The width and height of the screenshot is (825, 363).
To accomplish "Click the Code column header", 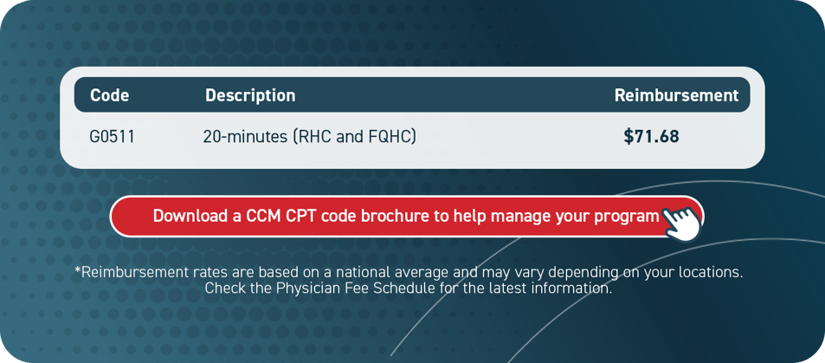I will [110, 95].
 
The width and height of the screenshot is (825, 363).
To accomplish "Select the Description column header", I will [250, 95].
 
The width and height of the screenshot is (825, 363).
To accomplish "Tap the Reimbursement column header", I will [676, 95].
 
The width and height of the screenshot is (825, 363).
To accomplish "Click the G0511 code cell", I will [112, 137].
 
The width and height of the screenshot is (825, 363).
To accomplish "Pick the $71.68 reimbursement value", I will [651, 137].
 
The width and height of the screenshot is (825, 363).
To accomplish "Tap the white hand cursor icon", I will [682, 222].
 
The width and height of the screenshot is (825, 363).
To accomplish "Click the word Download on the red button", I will [190, 216].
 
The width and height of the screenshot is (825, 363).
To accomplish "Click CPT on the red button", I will [301, 216].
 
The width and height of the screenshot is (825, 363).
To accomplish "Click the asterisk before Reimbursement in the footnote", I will [78, 270].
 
